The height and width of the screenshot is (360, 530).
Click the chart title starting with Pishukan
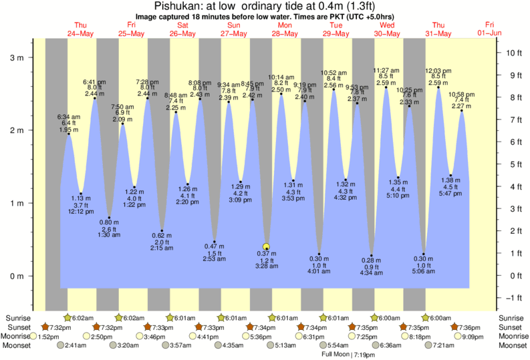(x=265, y=6)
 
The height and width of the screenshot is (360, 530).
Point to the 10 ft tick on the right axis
(x=511, y=52)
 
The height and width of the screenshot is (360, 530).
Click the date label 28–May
(x=285, y=33)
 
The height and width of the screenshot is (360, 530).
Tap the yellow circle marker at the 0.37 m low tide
(x=267, y=246)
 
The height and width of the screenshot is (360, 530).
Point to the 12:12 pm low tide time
(x=81, y=212)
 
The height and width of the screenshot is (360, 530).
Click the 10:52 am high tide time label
(x=334, y=72)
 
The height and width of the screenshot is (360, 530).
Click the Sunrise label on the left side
(x=19, y=318)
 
